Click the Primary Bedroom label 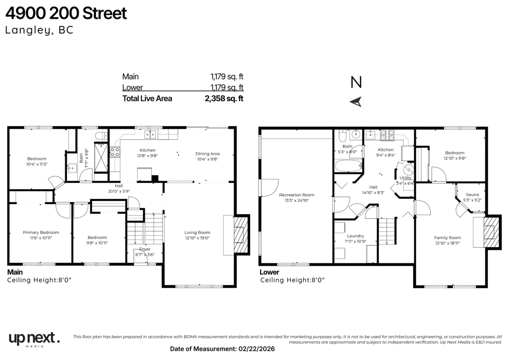[41, 232]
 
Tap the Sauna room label [472, 195]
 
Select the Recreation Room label [297, 195]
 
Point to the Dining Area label [207, 154]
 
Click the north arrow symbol [356, 101]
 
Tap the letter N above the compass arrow [356, 82]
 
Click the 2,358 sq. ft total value [224, 98]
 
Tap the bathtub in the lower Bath [349, 166]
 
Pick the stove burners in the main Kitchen [115, 152]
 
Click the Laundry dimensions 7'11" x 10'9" [355, 241]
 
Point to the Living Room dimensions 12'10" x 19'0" [197, 238]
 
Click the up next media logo [34, 339]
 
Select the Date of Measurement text [222, 349]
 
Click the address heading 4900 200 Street [66, 13]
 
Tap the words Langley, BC [39, 30]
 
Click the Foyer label [145, 249]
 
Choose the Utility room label [406, 178]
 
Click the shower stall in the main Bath [101, 157]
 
